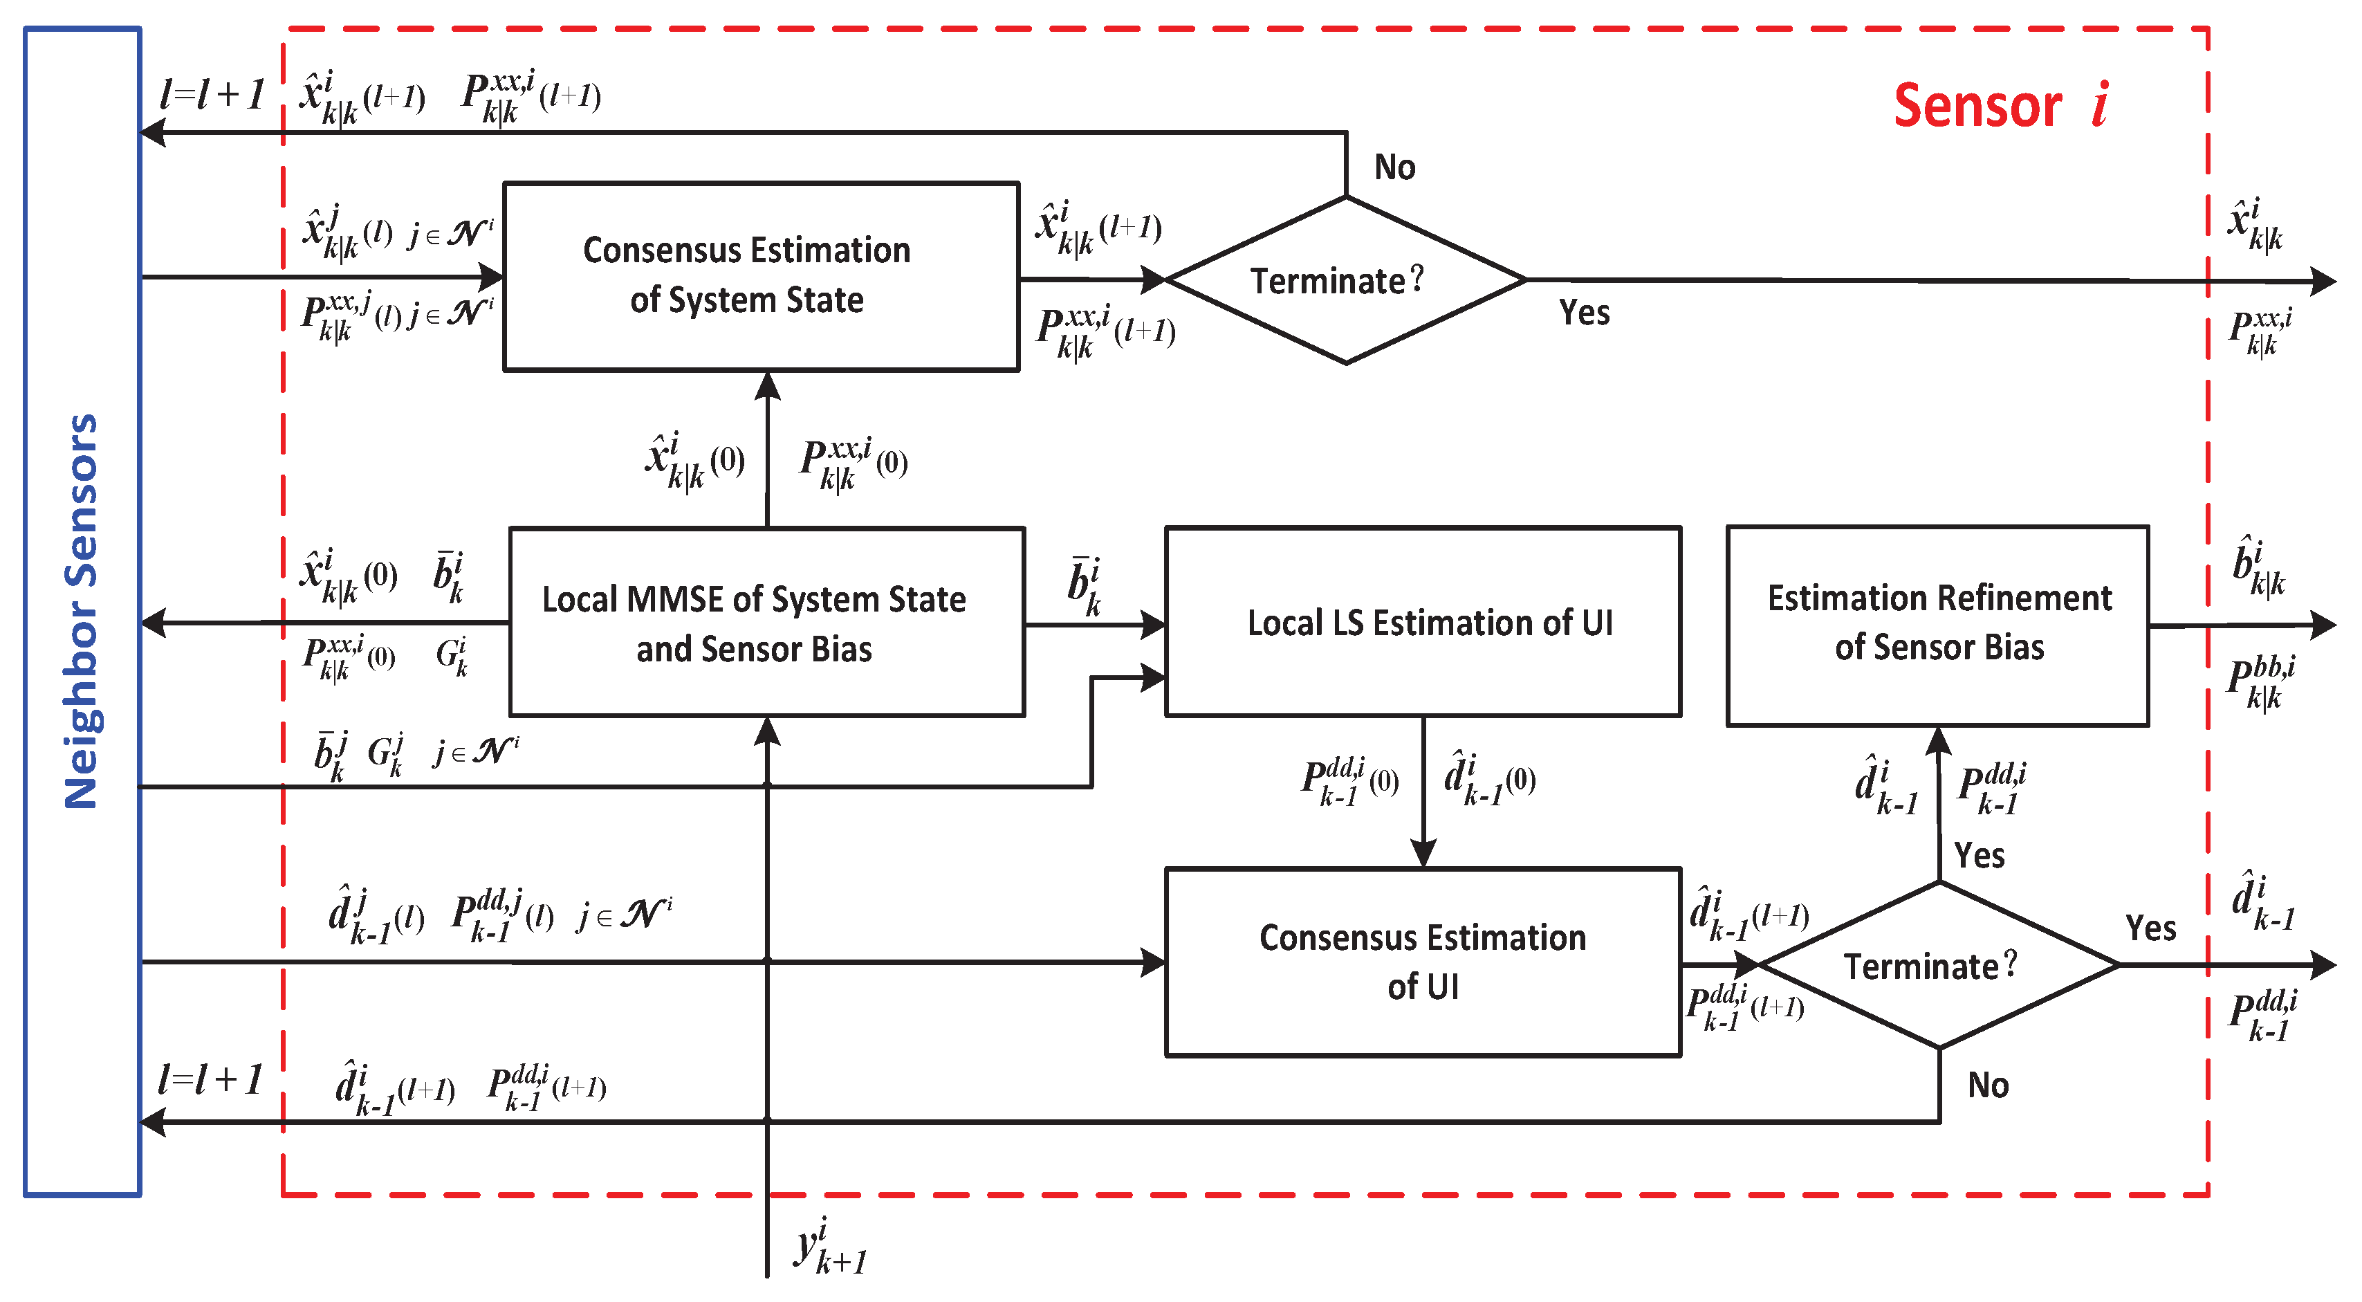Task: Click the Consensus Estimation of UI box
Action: (x=1422, y=962)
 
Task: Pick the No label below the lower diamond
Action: (x=1988, y=1085)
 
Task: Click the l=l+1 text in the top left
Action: (x=212, y=95)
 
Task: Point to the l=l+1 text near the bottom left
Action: (x=210, y=1080)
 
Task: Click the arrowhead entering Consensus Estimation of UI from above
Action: (x=1422, y=854)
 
